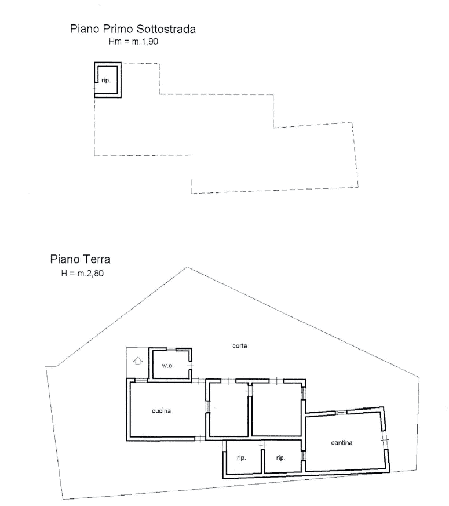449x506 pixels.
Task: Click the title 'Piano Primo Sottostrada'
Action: (x=133, y=29)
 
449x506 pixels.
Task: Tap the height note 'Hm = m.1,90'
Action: (x=133, y=42)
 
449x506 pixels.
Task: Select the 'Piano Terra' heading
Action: (x=81, y=259)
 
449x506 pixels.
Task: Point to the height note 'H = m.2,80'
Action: (x=83, y=274)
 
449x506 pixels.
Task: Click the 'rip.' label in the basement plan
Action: (x=106, y=81)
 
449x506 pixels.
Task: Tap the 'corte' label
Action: (x=240, y=345)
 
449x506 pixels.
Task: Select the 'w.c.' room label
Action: (x=167, y=366)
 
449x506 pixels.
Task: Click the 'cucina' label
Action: (x=161, y=411)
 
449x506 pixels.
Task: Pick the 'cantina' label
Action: (x=342, y=443)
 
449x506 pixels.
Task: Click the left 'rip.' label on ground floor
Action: (x=241, y=457)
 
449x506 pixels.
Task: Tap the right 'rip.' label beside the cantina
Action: (x=280, y=457)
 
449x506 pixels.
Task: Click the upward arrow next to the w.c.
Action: (x=138, y=361)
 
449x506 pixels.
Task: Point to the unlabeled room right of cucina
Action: (x=229, y=409)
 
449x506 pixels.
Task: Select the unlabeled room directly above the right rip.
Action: (x=276, y=409)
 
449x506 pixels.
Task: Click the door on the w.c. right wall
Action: (x=190, y=365)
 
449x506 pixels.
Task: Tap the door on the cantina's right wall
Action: (x=385, y=440)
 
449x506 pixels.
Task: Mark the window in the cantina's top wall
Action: (x=341, y=412)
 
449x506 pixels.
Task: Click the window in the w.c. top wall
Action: (x=171, y=349)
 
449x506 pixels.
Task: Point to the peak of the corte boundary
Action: (x=187, y=267)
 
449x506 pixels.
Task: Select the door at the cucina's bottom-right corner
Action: (x=200, y=439)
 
